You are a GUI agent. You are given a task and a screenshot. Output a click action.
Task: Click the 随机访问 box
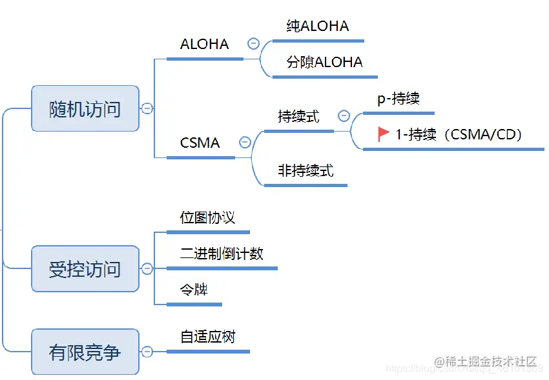(x=85, y=108)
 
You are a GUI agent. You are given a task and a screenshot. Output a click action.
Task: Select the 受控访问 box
(x=85, y=268)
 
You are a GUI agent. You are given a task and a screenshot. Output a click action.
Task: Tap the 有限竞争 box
(x=85, y=352)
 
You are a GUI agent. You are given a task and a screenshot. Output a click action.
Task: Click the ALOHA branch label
(x=204, y=45)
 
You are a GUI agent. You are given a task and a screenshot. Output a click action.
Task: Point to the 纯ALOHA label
(x=318, y=26)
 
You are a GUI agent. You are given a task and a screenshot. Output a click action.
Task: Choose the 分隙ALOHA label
(x=325, y=63)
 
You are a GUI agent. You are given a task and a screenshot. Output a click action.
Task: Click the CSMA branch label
(x=200, y=143)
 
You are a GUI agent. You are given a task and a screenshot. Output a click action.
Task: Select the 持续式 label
(x=298, y=117)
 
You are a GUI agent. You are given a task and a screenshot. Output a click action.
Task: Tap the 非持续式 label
(x=306, y=171)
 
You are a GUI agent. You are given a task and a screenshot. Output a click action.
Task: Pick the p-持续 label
(x=399, y=99)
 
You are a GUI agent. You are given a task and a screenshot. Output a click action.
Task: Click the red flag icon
(x=384, y=134)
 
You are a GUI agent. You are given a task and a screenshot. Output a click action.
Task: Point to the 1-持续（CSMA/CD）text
(x=459, y=135)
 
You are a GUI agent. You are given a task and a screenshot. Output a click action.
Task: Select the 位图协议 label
(x=207, y=217)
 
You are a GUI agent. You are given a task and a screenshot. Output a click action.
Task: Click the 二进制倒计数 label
(x=222, y=254)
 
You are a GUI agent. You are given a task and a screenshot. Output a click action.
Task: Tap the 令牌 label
(x=194, y=290)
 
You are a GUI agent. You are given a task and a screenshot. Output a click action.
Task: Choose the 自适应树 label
(x=207, y=337)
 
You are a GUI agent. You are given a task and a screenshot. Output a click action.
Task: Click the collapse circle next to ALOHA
(x=253, y=44)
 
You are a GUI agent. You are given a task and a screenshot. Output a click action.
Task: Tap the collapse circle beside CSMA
(x=245, y=143)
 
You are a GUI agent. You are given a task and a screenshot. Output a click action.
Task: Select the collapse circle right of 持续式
(x=344, y=116)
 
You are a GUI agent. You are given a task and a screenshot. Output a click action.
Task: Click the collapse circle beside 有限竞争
(x=147, y=352)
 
